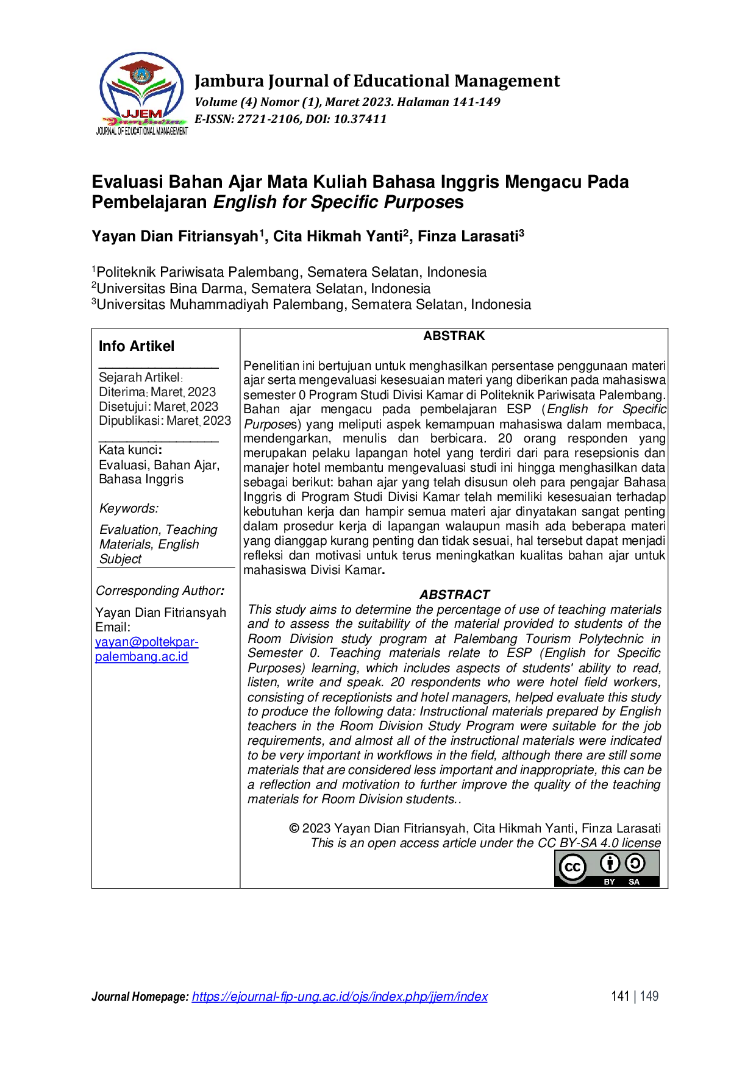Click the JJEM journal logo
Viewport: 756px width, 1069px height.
tap(142, 93)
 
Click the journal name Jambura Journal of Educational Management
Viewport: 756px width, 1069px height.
tap(377, 81)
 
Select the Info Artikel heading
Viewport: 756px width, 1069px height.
tap(137, 346)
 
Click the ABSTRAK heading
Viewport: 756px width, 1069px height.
tap(454, 336)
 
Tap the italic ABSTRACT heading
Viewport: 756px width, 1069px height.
tap(454, 595)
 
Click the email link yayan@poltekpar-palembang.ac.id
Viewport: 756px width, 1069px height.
tap(146, 649)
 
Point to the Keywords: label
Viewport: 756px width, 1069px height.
tap(129, 508)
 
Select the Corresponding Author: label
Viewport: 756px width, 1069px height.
tap(160, 591)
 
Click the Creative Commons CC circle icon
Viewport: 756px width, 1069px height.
tap(572, 867)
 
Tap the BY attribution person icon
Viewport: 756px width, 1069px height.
tap(610, 863)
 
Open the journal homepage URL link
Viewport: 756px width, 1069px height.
tap(340, 996)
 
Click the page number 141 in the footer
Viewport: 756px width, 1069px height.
tap(620, 996)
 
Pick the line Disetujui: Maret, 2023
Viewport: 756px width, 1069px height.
tap(159, 407)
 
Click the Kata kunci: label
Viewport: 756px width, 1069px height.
tap(130, 450)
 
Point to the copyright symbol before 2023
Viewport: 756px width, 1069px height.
tap(294, 828)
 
